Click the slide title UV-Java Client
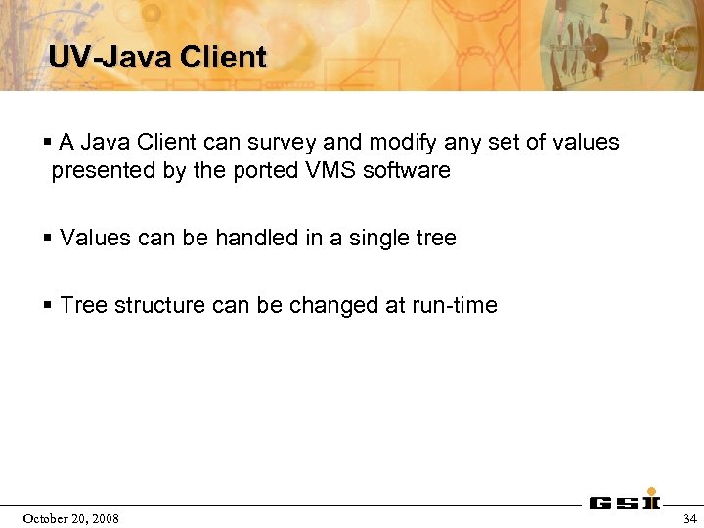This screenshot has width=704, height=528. (157, 57)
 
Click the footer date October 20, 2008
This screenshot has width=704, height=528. (71, 518)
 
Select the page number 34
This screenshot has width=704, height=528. (689, 518)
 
